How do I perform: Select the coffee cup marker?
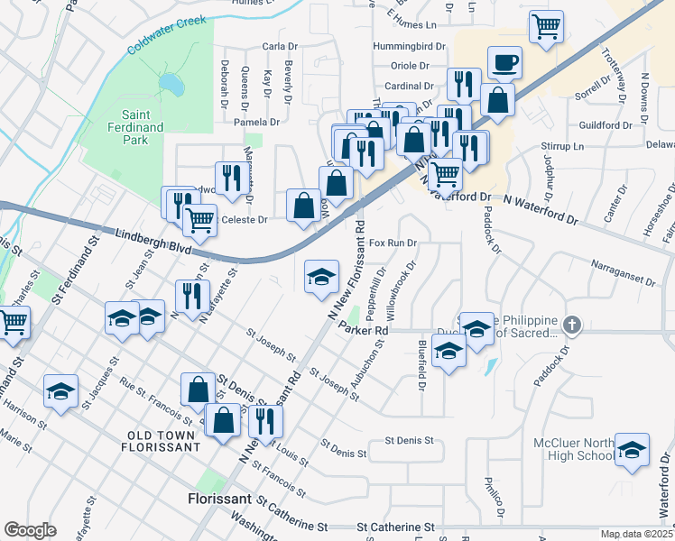pyautogui.click(x=505, y=63)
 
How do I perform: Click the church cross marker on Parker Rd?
pyautogui.click(x=571, y=324)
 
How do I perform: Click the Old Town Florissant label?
pyautogui.click(x=162, y=441)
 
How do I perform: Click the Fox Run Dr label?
pyautogui.click(x=393, y=243)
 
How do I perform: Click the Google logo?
pyautogui.click(x=30, y=530)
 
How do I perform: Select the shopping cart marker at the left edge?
pyautogui.click(x=12, y=323)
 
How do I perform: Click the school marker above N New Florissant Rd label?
pyautogui.click(x=321, y=277)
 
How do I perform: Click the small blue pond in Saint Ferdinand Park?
pyautogui.click(x=169, y=84)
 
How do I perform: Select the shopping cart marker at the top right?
pyautogui.click(x=546, y=26)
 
